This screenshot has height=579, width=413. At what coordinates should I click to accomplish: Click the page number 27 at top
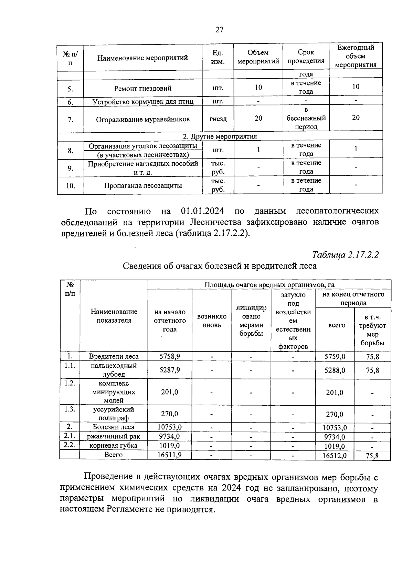(x=220, y=30)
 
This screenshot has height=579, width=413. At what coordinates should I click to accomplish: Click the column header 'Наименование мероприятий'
(x=142, y=58)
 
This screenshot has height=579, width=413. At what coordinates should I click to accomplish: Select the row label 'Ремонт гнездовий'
(x=142, y=88)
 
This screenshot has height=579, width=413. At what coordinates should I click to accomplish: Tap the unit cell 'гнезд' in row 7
(x=218, y=119)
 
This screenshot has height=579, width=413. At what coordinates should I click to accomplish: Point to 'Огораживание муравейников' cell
(x=142, y=119)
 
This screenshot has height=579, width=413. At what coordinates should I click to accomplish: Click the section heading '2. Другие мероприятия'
(x=220, y=136)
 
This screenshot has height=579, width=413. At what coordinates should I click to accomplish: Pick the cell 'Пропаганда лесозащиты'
(x=142, y=186)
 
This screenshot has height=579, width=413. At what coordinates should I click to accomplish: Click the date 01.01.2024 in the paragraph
(x=202, y=211)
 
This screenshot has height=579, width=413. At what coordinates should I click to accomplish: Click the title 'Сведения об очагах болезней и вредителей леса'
(x=220, y=266)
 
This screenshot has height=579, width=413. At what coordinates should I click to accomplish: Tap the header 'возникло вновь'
(x=212, y=321)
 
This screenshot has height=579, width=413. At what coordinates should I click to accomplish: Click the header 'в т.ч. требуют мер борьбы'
(x=372, y=330)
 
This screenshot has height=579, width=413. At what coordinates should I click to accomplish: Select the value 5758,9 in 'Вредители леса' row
(x=170, y=356)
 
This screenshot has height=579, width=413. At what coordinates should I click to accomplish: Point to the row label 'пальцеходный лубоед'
(x=114, y=370)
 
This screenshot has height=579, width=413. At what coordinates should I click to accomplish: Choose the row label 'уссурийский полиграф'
(x=114, y=414)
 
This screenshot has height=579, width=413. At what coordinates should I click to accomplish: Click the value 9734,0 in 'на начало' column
(x=170, y=436)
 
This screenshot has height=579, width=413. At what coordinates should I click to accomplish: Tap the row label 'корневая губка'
(x=113, y=446)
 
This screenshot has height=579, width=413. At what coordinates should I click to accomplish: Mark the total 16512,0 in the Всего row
(x=335, y=456)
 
